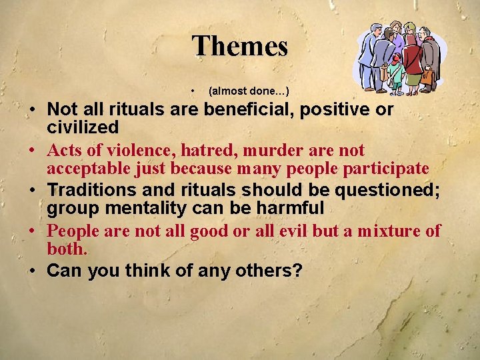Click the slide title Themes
(x=239, y=47)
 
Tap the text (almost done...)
(x=248, y=90)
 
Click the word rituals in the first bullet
(x=137, y=109)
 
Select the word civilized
(x=83, y=127)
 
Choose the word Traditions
(x=92, y=191)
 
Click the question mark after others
(x=297, y=271)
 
